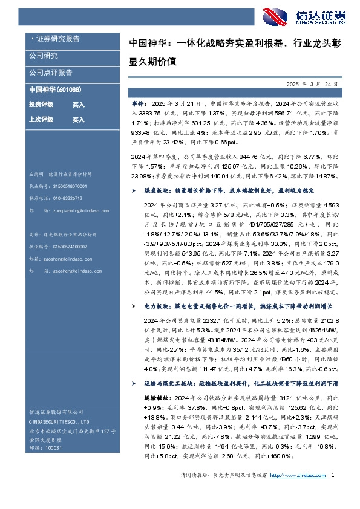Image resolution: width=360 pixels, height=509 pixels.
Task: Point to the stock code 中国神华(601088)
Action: point(55,89)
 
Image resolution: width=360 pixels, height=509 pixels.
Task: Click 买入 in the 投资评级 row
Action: point(79,105)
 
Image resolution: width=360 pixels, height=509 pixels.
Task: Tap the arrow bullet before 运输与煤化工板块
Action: point(134,384)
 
